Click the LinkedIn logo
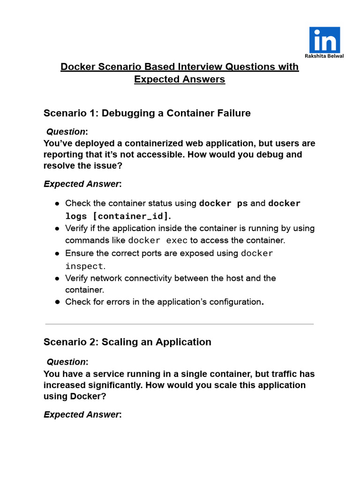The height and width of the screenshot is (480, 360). [x=324, y=39]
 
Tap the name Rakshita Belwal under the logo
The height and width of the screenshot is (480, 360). [x=324, y=56]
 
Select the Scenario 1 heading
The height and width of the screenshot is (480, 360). [x=147, y=113]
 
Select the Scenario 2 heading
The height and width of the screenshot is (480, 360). [x=127, y=342]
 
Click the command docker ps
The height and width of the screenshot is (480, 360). [x=223, y=203]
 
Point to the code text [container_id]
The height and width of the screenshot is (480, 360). [x=130, y=216]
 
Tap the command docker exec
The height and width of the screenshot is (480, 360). [x=157, y=240]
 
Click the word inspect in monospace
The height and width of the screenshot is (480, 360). [x=83, y=266]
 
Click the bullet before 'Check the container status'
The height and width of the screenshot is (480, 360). [x=57, y=203]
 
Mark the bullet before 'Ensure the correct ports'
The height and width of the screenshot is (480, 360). [x=57, y=253]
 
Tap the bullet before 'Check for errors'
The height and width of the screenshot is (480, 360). [x=57, y=302]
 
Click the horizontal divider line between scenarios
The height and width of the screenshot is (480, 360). [x=180, y=324]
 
